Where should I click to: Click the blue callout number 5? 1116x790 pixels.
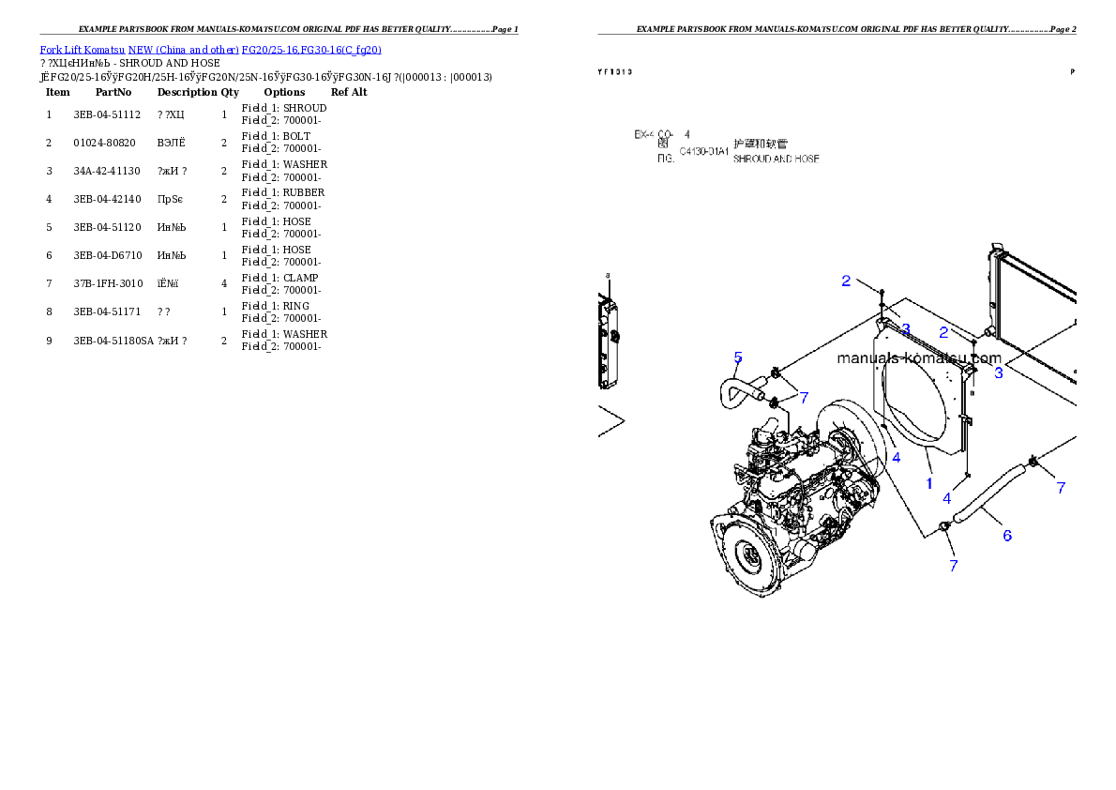tap(738, 357)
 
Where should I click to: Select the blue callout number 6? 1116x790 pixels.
tap(1007, 536)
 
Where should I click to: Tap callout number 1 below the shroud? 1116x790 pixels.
tap(929, 484)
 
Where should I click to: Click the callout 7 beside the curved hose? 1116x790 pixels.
tap(804, 398)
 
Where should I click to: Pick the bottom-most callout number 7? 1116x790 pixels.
tap(954, 566)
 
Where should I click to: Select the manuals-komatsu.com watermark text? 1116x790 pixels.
tap(918, 358)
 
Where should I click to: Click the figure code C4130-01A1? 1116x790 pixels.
tap(703, 150)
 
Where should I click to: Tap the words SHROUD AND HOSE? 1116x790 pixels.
tap(776, 160)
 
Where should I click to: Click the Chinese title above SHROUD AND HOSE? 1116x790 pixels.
tap(761, 144)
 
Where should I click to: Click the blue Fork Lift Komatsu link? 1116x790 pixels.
tap(209, 50)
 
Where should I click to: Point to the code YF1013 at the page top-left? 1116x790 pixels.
tap(615, 71)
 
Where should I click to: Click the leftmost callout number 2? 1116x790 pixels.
tap(846, 281)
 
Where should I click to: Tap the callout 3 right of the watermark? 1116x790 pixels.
tap(999, 372)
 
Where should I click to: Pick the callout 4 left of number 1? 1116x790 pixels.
tap(897, 458)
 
